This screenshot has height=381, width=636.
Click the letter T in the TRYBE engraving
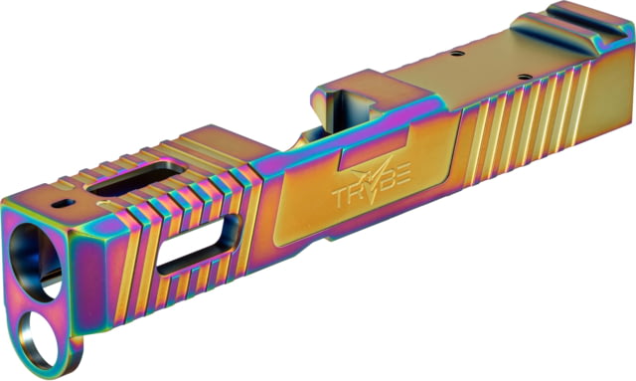[340, 198]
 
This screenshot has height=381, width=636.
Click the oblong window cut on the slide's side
[199, 245]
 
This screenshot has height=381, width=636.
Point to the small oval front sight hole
[64, 203]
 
